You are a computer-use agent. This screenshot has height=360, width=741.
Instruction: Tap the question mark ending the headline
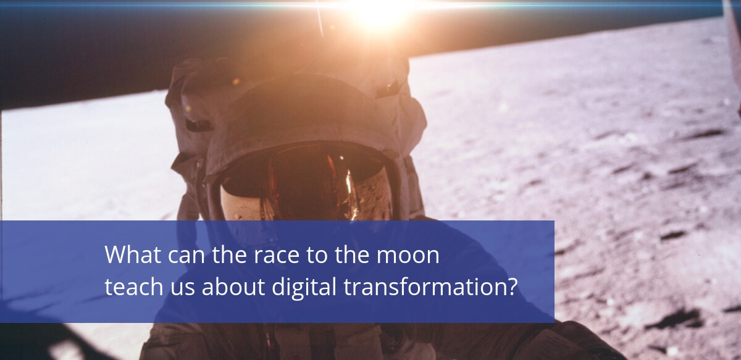coord(511,287)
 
